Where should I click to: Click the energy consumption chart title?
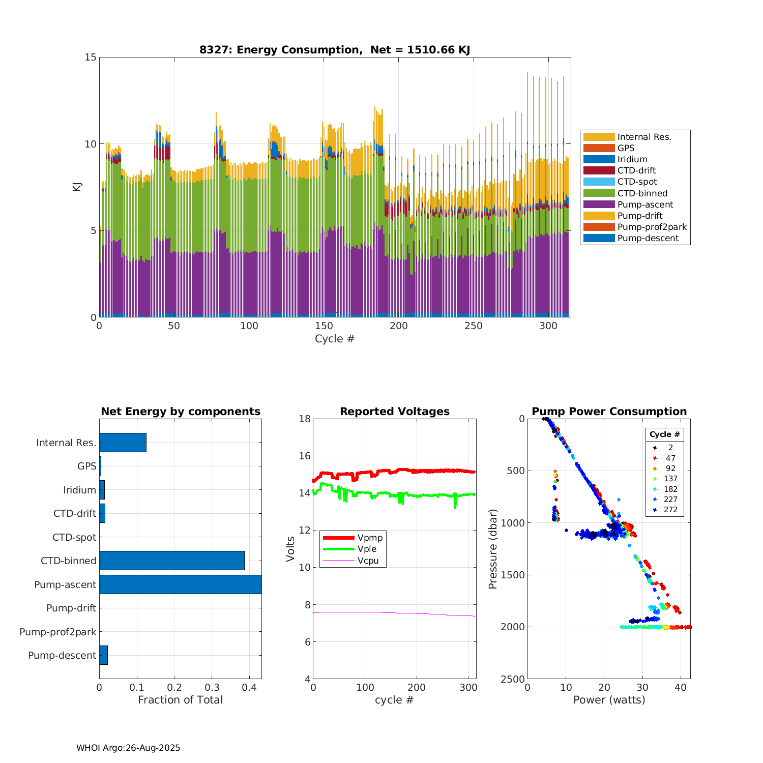tap(335, 50)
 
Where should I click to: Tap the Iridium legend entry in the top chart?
tap(632, 159)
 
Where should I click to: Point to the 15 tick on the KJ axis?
tap(91, 57)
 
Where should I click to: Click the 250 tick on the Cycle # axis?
tap(474, 326)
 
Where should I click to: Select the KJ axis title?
tap(77, 187)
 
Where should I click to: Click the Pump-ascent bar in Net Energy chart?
tap(180, 584)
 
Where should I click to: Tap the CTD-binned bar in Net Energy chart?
tap(172, 561)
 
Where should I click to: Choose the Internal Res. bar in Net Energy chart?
tap(123, 443)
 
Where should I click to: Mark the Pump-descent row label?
tap(62, 656)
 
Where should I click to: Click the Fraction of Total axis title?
tap(180, 700)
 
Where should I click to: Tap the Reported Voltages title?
tap(395, 412)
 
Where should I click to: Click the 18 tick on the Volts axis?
tap(305, 419)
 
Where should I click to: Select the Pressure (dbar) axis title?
tap(492, 548)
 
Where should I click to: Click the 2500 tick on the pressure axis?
tap(514, 679)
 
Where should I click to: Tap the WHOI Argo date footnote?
tap(128, 748)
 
